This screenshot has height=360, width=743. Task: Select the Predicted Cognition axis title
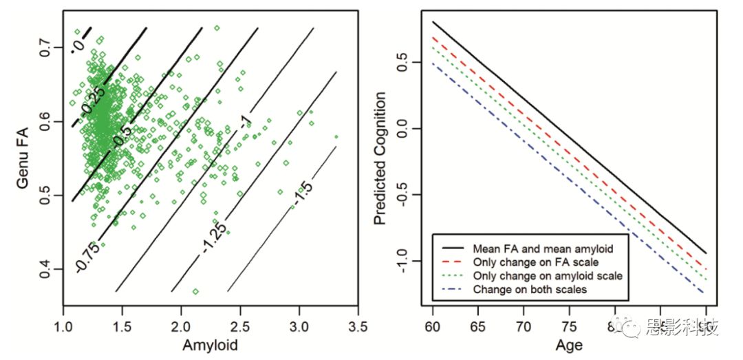(380, 160)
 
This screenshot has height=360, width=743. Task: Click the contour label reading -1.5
(303, 188)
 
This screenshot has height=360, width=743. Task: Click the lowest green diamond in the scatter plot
(196, 292)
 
